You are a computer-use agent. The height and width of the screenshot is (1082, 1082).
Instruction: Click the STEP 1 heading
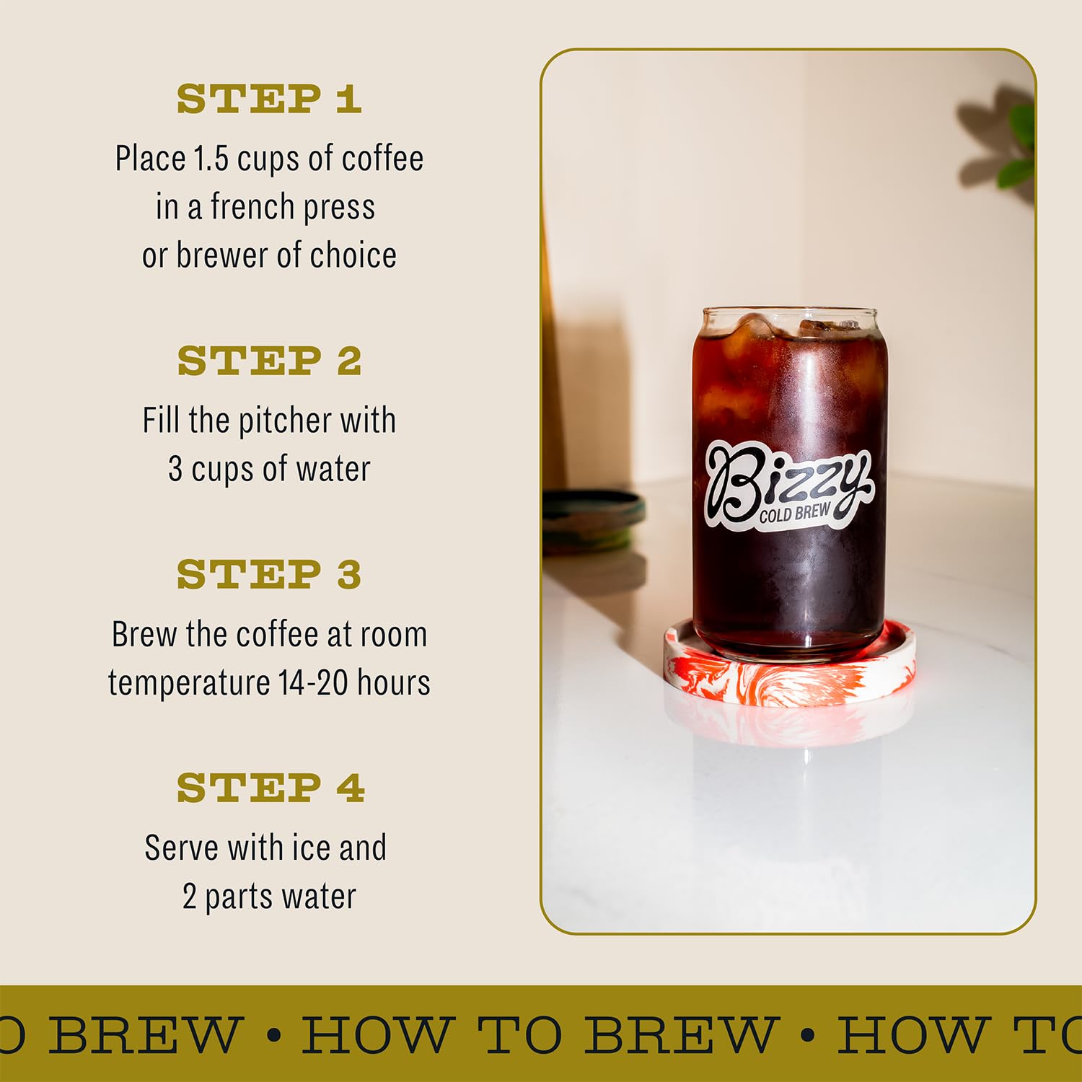click(268, 99)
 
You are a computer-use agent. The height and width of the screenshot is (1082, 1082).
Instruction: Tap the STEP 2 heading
click(269, 361)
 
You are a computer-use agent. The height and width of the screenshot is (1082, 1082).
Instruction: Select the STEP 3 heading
click(269, 574)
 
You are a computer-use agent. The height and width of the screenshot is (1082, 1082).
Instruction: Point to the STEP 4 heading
click(270, 788)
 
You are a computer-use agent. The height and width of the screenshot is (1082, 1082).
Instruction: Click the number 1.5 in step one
click(211, 159)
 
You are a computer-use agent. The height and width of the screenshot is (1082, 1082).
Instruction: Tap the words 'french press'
click(292, 208)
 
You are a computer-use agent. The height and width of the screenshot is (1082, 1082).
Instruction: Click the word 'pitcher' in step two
click(286, 421)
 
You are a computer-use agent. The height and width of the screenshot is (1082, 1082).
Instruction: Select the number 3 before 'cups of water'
click(175, 469)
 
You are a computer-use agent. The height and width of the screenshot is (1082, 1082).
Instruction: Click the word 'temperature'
click(189, 682)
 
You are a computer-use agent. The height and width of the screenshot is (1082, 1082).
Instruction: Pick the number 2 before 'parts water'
click(190, 897)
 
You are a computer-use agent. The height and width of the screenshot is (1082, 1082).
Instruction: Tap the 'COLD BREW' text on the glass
click(794, 514)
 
